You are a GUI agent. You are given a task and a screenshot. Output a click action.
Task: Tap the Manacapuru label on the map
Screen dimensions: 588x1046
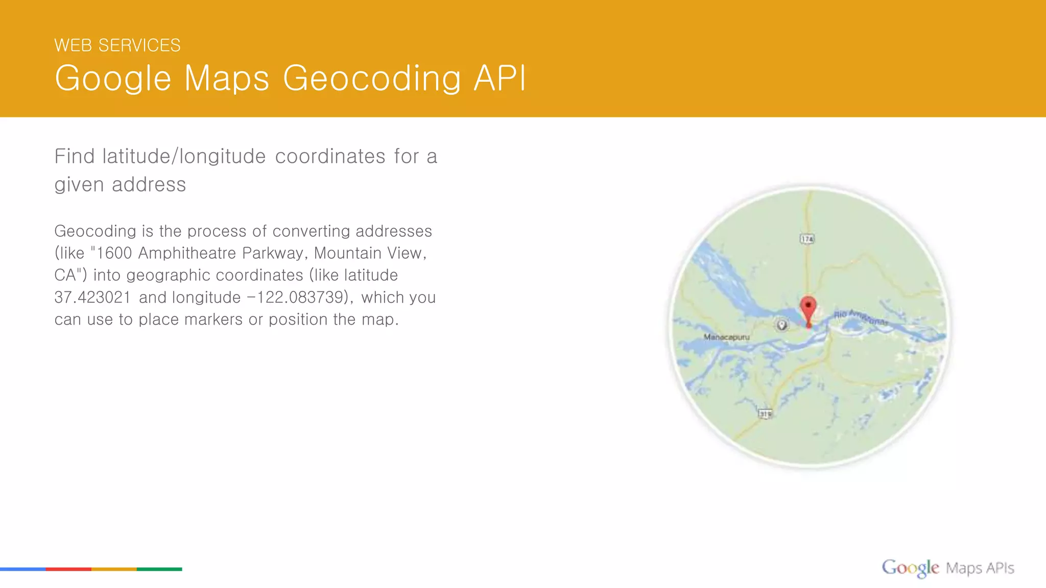[x=726, y=337]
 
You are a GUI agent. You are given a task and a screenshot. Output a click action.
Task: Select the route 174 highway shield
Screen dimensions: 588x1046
[x=807, y=239]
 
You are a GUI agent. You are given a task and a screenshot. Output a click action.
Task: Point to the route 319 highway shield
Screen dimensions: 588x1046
[x=765, y=414]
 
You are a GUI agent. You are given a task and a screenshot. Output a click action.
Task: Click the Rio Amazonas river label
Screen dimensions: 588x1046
[x=861, y=317]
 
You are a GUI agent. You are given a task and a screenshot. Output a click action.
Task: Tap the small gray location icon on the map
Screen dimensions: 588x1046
[x=781, y=325]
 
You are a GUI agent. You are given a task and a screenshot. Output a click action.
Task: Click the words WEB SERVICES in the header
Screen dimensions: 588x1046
[x=117, y=45]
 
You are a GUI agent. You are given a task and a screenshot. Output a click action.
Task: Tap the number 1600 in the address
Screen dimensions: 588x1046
[x=114, y=253]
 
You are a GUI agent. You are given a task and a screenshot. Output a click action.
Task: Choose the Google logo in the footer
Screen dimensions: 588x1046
[x=910, y=568]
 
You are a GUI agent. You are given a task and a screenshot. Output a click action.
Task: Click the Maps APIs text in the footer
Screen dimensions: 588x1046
[x=980, y=568]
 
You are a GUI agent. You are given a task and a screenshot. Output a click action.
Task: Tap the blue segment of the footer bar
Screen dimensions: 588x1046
[x=23, y=569]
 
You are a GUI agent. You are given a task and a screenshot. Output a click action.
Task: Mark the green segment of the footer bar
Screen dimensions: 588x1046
[x=159, y=569]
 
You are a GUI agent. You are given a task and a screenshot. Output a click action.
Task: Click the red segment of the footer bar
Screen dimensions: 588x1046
[x=68, y=569]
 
